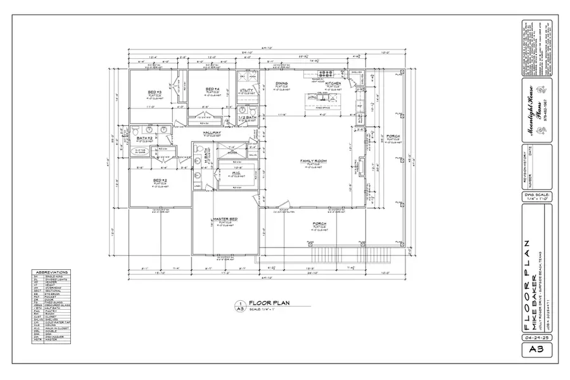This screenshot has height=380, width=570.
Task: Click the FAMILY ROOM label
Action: [312, 161]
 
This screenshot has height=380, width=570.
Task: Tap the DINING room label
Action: [282, 84]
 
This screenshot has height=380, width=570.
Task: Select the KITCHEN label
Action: [334, 84]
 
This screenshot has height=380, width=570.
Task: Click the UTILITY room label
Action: [246, 90]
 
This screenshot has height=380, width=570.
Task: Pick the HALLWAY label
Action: [212, 132]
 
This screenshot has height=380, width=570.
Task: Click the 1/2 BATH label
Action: [246, 118]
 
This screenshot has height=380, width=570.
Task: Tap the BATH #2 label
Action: [146, 137]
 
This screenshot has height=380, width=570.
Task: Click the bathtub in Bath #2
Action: [141, 151]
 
